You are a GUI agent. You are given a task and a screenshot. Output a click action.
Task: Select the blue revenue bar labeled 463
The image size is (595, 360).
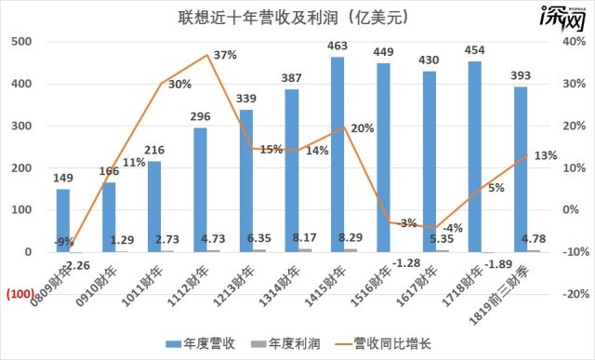pyautogui.click(x=337, y=154)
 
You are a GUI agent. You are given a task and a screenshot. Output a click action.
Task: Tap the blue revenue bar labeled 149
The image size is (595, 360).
pyautogui.click(x=63, y=220)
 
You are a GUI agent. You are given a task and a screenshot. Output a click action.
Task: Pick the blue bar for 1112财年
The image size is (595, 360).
pyautogui.click(x=200, y=190)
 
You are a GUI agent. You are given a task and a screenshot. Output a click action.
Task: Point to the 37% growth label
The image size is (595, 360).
pyautogui.click(x=225, y=56)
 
